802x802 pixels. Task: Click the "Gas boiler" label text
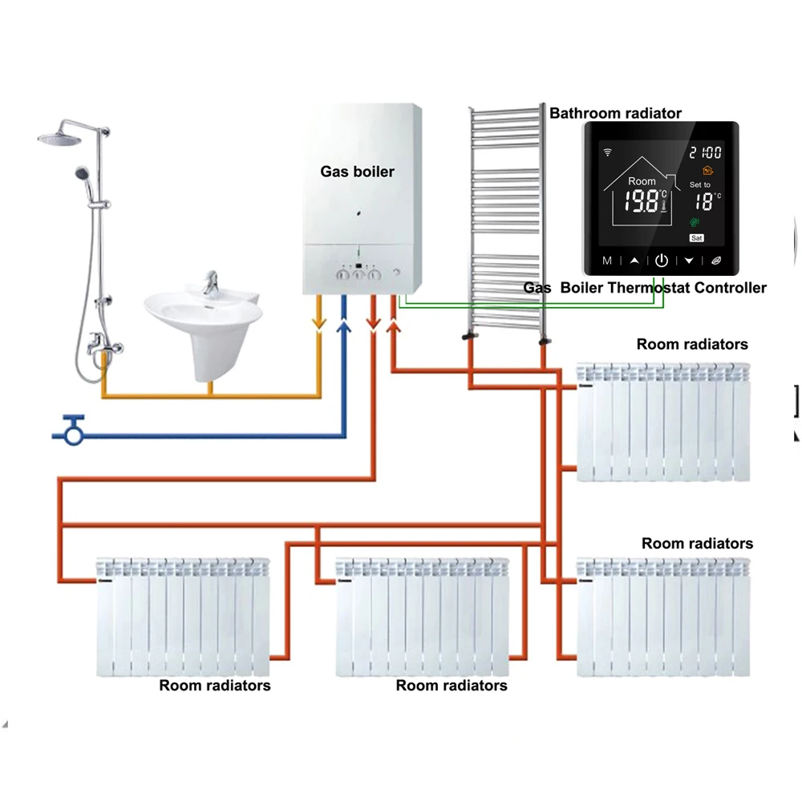pos(357,172)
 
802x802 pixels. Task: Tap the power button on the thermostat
pos(662,261)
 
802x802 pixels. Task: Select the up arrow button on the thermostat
pos(634,261)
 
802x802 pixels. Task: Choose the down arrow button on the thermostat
pos(689,261)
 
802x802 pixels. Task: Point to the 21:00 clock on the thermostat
pos(705,152)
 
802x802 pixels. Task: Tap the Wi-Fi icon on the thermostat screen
pos(608,152)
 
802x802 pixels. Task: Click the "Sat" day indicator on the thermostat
pos(697,238)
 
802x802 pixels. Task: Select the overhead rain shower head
pos(59,137)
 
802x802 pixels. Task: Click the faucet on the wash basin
pos(210,283)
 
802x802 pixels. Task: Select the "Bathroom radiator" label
pos(615,113)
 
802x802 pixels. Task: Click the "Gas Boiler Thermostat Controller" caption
pos(645,287)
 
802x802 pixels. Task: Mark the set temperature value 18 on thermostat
pos(704,201)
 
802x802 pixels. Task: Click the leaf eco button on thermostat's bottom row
pos(716,261)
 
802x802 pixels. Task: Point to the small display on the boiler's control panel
pos(359,266)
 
